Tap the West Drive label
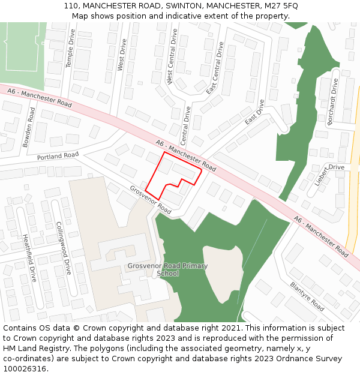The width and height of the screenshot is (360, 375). pos(122,55)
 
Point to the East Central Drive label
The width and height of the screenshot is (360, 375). pos(214,68)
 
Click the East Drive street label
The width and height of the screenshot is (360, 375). pos(255,112)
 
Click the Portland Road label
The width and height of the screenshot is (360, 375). pos(58,156)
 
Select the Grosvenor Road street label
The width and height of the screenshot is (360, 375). pos(150,200)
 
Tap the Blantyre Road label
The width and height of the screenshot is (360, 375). pos(307,296)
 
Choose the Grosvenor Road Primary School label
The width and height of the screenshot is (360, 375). pos(167,269)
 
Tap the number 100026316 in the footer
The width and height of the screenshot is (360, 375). pos(25,368)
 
